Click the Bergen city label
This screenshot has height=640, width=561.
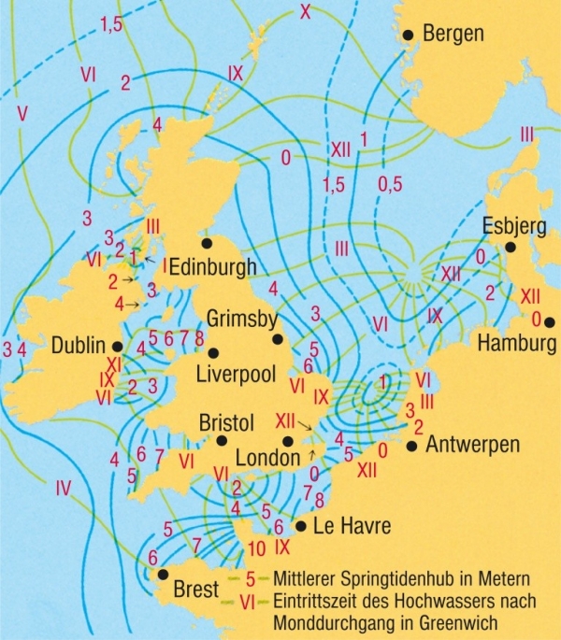click(x=454, y=35)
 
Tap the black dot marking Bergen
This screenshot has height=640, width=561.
click(x=408, y=35)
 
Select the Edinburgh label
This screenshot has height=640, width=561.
click(x=212, y=268)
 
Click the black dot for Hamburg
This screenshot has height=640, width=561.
click(x=550, y=322)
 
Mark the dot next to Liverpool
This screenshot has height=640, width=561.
click(x=214, y=353)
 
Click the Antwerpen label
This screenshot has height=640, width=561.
click(x=472, y=446)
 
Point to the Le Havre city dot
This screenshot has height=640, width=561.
click(x=300, y=526)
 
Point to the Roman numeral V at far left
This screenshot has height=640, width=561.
click(x=22, y=113)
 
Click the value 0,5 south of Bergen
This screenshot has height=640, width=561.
click(x=391, y=185)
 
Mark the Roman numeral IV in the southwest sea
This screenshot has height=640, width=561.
click(x=64, y=487)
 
